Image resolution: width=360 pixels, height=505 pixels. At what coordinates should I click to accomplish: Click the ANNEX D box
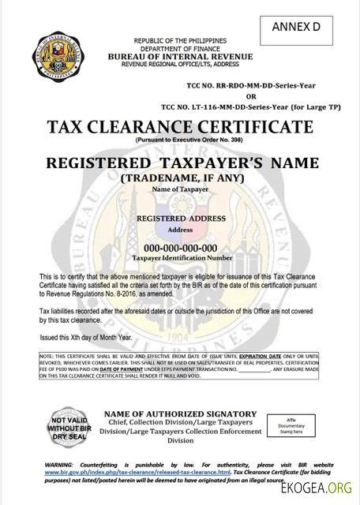coord(303,28)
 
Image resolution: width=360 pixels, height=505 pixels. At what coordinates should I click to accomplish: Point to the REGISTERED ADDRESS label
coord(181,217)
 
